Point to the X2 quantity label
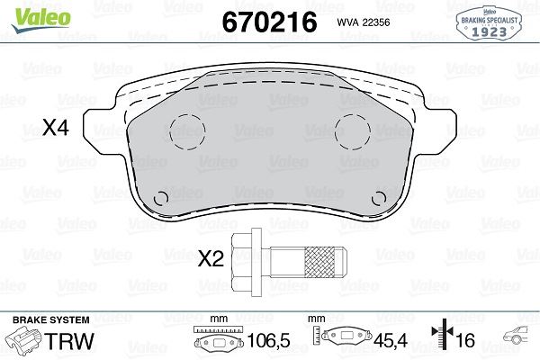click(x=210, y=260)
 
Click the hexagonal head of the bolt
click(x=244, y=260)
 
